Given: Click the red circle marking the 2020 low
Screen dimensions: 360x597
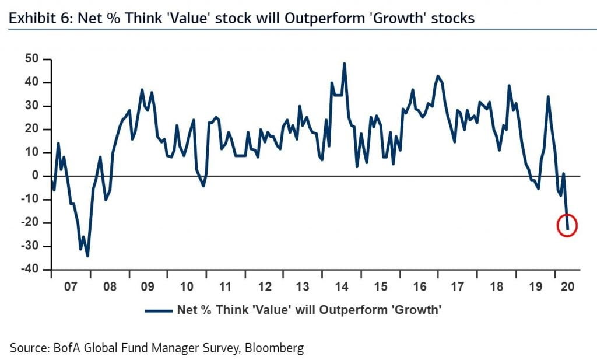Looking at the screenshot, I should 567,225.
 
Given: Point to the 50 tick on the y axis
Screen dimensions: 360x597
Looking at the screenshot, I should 31,59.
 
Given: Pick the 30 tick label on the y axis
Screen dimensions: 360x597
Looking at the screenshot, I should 31,106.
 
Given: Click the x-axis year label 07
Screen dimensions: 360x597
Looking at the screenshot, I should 71,287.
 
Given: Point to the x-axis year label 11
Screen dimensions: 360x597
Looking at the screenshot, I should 225,287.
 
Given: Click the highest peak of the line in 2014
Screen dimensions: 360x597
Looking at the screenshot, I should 344,64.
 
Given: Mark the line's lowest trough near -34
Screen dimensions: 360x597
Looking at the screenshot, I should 87,256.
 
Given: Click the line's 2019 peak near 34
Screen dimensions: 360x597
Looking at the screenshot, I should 548,97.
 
